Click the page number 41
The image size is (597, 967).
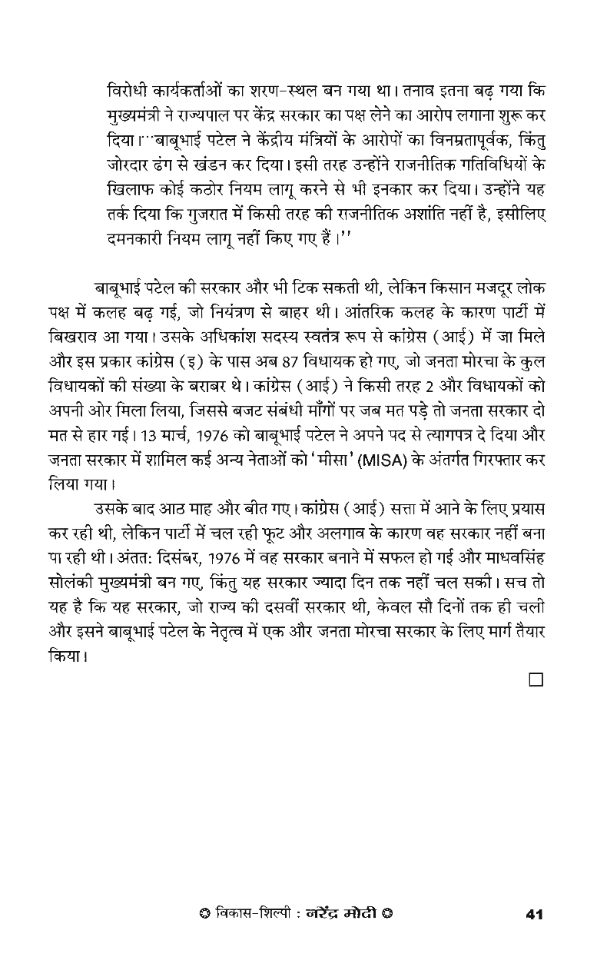(534, 915)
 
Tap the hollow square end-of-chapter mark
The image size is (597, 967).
(536, 680)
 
